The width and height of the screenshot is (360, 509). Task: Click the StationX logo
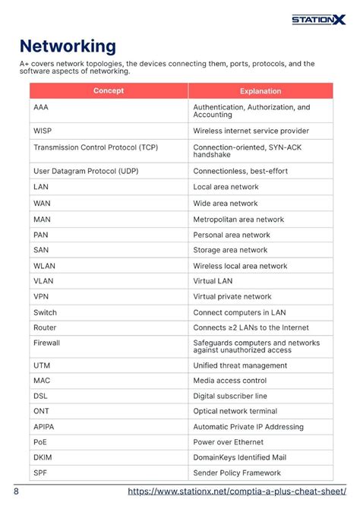point(318,19)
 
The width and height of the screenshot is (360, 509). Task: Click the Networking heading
point(68,46)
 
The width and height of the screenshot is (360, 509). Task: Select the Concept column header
point(109,91)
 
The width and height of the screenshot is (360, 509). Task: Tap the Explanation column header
point(261,91)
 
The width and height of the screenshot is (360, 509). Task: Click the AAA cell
point(41,108)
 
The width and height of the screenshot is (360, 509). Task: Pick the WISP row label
point(43,131)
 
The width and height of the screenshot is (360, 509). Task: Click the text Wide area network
point(226,204)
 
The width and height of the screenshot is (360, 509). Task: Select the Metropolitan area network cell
point(238,220)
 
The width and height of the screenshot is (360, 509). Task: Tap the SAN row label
point(41,250)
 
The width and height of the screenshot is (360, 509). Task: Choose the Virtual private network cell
point(232,297)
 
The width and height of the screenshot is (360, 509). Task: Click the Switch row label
point(45,312)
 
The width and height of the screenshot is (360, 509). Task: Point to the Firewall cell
point(46,343)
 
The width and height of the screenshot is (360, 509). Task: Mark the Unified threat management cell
point(240,365)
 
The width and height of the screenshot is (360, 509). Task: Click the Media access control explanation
point(229,381)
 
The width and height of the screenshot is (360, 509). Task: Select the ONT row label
point(41,411)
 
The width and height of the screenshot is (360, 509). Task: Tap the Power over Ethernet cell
point(228,442)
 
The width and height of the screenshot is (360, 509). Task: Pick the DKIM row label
point(43,457)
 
